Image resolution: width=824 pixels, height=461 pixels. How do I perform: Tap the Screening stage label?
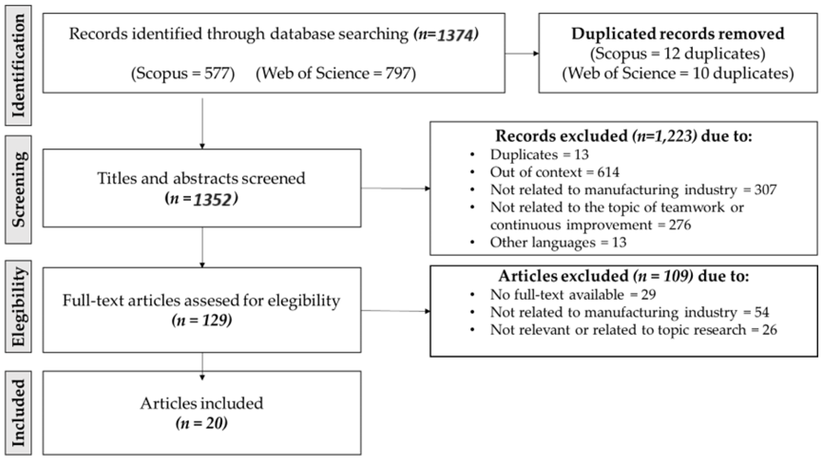[x=18, y=190]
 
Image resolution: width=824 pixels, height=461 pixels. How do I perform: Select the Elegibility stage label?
[x=18, y=306]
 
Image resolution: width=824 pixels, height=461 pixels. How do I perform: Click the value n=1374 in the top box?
[x=446, y=35]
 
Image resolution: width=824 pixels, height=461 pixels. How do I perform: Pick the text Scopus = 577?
[x=183, y=74]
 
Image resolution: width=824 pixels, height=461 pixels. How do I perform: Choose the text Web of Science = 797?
[x=336, y=74]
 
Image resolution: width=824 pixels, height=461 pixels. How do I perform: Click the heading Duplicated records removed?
[x=678, y=34]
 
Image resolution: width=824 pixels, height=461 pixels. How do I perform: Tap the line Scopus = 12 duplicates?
[x=678, y=54]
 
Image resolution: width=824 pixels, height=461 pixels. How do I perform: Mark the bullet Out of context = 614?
[x=554, y=172]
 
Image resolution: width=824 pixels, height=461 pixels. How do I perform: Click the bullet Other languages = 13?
[x=558, y=242]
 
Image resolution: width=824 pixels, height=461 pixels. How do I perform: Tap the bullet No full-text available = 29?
[x=573, y=294]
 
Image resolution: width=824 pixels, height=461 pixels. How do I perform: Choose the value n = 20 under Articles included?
[x=201, y=423]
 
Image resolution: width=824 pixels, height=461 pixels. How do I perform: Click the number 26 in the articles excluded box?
[x=769, y=330]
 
